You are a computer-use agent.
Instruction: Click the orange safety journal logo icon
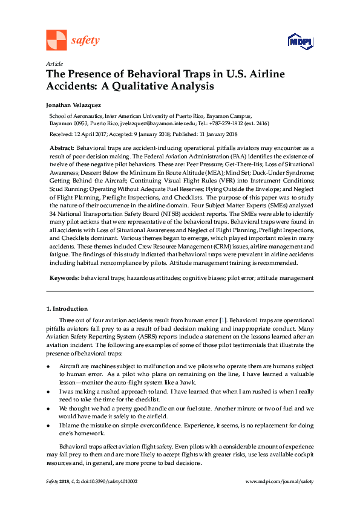(56, 40)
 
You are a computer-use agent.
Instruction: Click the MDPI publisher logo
(300, 41)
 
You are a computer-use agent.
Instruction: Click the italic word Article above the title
(54, 64)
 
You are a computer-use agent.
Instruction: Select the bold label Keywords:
(64, 278)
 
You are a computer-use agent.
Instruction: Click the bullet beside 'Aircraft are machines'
(48, 367)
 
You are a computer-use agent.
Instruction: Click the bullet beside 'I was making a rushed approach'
(48, 391)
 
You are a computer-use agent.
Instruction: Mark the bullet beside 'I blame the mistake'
(48, 426)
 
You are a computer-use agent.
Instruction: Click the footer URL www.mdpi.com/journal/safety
(280, 481)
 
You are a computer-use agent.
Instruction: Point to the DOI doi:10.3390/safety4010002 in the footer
(106, 481)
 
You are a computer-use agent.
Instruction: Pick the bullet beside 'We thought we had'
(48, 409)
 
